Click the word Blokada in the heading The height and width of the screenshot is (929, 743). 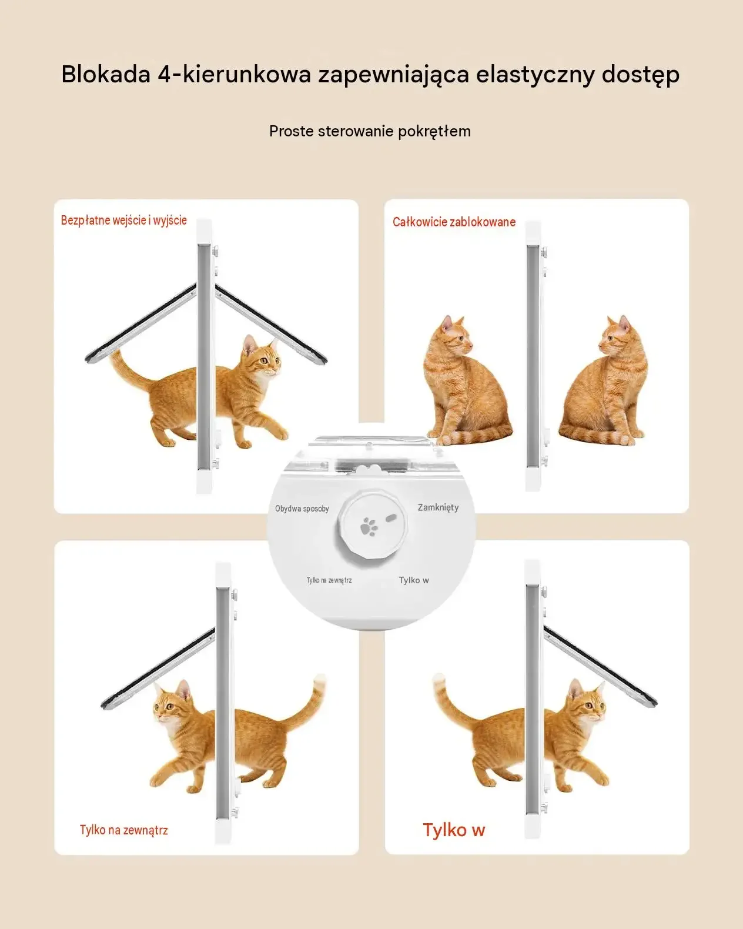106,74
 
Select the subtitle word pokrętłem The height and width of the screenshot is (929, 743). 434,131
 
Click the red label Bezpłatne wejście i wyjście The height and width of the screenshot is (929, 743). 124,220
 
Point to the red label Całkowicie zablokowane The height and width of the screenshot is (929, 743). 454,222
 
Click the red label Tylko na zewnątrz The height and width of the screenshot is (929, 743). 124,830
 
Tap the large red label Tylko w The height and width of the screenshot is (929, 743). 454,830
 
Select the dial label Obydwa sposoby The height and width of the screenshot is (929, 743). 302,509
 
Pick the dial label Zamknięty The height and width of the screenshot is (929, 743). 438,507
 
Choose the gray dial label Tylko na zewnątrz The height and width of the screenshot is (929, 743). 329,580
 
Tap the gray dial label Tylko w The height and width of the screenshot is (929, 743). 414,580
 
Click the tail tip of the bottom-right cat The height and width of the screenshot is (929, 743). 438,678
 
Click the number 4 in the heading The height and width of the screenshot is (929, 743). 165,74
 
